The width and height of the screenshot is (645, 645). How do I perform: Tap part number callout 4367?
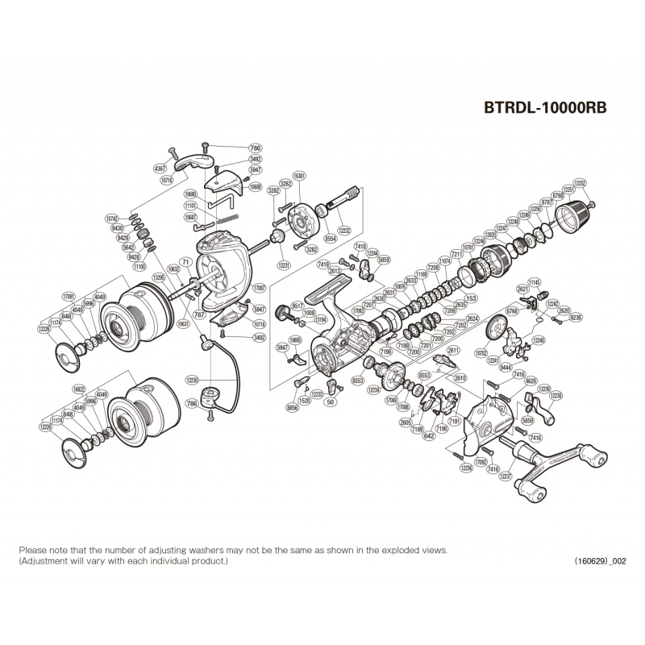(159, 168)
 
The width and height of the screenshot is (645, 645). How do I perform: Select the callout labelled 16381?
(299, 176)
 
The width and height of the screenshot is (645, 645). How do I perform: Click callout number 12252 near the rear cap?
(580, 183)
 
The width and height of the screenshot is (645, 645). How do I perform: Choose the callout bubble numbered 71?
(185, 263)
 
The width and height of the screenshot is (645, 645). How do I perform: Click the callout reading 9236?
(576, 318)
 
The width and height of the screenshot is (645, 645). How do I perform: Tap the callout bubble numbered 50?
(331, 400)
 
